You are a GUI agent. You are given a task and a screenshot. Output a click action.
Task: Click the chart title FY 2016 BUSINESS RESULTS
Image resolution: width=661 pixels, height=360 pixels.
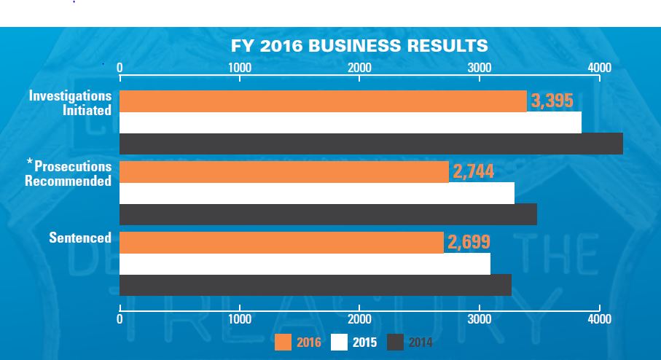(x=359, y=46)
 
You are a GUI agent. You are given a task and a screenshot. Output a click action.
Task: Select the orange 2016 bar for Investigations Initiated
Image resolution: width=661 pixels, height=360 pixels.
(x=322, y=101)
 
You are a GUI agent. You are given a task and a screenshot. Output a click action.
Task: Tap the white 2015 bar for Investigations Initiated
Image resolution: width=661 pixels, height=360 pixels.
(x=350, y=122)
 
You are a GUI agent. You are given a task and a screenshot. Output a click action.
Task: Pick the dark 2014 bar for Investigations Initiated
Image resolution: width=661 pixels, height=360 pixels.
(x=370, y=144)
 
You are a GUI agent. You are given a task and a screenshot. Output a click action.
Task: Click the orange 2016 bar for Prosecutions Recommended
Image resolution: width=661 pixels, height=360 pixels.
(x=283, y=172)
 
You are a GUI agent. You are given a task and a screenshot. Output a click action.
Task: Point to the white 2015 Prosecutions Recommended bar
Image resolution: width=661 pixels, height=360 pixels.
(x=316, y=193)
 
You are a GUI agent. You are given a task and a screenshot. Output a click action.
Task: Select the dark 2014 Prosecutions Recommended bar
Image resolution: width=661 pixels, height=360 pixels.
(x=328, y=214)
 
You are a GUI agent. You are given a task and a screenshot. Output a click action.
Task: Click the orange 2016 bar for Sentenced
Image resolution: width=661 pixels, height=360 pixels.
(x=281, y=243)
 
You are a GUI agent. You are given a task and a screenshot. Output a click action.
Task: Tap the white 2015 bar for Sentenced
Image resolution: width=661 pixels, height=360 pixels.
(x=305, y=264)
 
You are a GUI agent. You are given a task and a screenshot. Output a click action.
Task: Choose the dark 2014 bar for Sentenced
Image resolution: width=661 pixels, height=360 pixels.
(x=315, y=285)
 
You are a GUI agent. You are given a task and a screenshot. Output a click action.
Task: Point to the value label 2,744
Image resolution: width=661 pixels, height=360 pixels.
(x=473, y=172)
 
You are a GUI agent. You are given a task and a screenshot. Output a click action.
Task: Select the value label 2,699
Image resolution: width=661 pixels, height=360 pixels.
(x=468, y=243)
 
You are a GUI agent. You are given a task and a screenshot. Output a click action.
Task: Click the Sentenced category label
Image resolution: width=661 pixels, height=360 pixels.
(x=80, y=238)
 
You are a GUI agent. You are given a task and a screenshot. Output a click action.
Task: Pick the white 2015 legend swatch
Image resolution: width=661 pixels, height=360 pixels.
(x=340, y=342)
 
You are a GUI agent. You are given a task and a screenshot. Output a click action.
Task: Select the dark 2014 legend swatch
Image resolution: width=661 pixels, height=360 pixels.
(x=395, y=342)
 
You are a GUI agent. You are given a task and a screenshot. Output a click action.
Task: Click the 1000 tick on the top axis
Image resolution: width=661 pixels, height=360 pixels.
(x=240, y=68)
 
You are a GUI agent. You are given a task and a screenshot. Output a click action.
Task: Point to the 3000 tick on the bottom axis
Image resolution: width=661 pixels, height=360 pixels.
(x=480, y=318)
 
